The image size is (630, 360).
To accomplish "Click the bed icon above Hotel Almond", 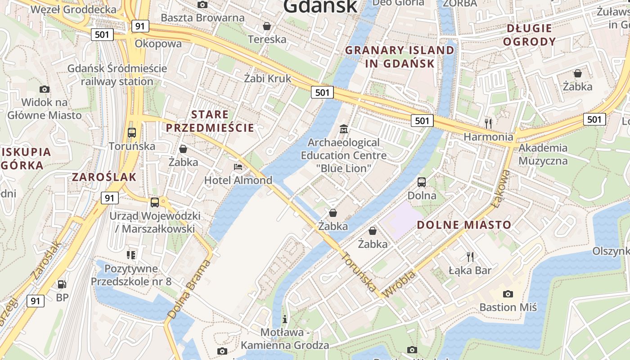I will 238,167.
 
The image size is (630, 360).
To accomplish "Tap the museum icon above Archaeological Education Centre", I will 344,129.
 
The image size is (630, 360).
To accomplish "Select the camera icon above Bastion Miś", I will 508,294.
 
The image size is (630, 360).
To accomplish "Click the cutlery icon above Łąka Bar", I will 470,257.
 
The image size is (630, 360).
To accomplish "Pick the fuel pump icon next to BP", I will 62,284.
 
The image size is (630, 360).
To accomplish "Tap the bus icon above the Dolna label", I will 422,182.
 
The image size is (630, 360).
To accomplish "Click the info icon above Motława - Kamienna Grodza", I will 284,319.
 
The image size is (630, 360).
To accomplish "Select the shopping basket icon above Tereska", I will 267,26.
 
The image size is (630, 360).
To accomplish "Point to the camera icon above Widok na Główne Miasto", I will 44,89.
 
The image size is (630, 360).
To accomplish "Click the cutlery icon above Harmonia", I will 488,123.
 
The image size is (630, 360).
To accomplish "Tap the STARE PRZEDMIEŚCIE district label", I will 210,121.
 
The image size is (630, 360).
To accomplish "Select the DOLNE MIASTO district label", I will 464,225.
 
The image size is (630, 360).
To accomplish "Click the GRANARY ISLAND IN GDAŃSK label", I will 400,57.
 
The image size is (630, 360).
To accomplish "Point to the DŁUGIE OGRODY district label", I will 529,35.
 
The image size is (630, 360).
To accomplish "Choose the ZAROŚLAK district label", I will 104,177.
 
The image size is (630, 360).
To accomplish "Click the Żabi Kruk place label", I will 268,78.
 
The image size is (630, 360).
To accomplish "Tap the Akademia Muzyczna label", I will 543,154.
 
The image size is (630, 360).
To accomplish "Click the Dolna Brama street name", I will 189,289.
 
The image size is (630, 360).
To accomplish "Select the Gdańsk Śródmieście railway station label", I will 117,75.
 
